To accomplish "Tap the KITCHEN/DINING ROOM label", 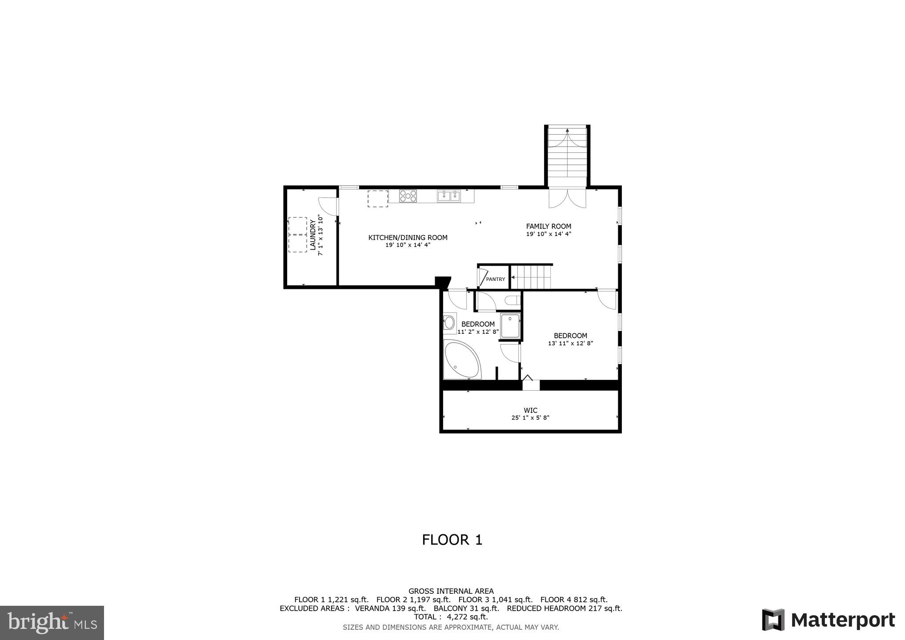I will pos(408,238).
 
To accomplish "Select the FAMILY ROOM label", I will pos(549,226).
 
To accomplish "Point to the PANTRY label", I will pos(495,279).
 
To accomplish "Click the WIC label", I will pos(530,410).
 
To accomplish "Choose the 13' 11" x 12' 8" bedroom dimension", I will pos(570,343).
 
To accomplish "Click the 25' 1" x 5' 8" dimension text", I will pos(530,418).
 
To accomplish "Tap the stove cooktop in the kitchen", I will pos(408,196).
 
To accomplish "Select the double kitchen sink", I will pos(449,196).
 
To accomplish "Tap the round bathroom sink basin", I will pos(449,321).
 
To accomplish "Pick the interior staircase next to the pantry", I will pos(531,277).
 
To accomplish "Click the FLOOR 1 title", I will pos(452,540).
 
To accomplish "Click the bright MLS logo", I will pos(52,622).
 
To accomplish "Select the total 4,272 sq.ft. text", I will pos(451,617).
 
